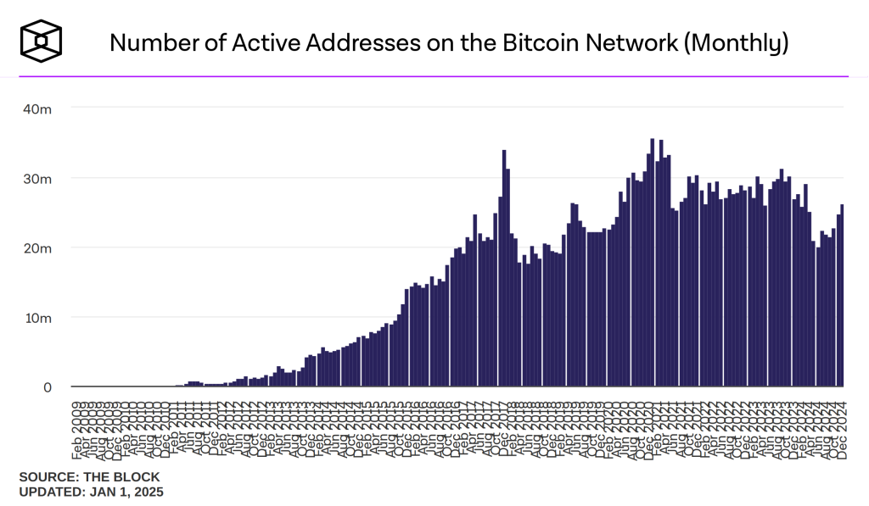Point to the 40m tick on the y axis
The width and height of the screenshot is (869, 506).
[37, 109]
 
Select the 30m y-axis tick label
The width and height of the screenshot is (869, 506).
[37, 179]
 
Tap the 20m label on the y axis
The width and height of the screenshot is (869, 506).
[37, 248]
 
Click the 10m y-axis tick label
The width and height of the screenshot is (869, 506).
[37, 318]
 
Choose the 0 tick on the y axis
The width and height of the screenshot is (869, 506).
[48, 387]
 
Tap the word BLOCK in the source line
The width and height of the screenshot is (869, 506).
[139, 477]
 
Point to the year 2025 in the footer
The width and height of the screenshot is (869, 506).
[149, 492]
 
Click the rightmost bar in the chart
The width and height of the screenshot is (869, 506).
[842, 296]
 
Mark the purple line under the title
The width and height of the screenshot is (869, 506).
[434, 76]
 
